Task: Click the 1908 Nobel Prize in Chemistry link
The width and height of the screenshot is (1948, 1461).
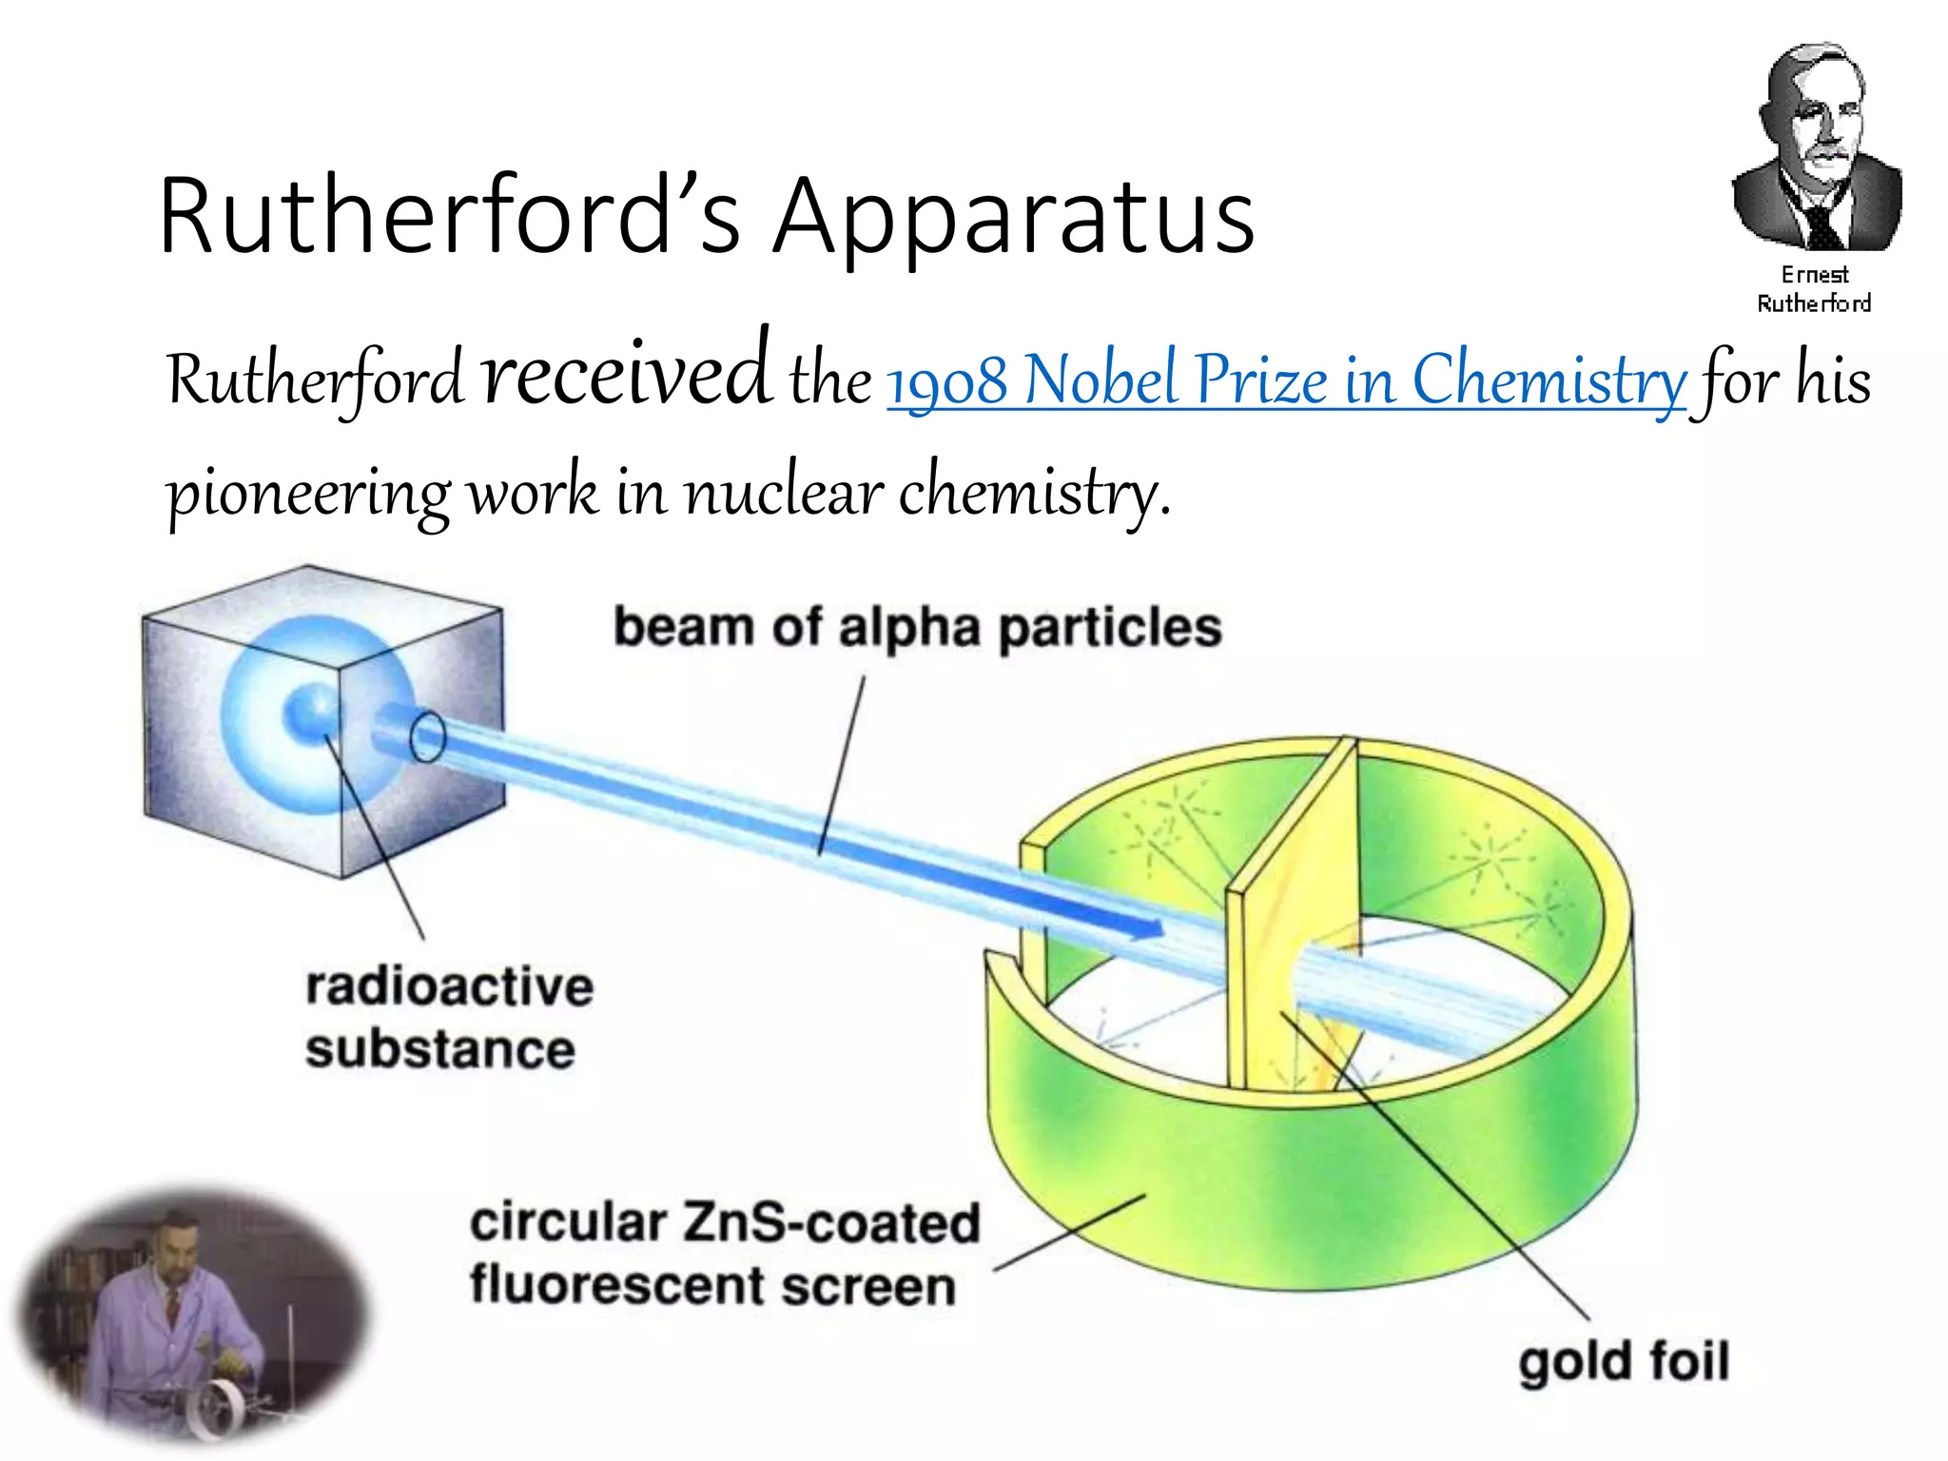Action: (x=1286, y=380)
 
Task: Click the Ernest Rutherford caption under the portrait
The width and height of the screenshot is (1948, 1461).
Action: (x=1814, y=288)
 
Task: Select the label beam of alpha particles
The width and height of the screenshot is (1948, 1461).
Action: (x=917, y=628)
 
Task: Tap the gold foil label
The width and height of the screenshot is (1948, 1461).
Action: (x=1623, y=1361)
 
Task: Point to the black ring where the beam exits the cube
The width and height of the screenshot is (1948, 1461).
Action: (x=427, y=737)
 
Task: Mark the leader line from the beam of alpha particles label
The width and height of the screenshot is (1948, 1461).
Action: (x=842, y=761)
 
